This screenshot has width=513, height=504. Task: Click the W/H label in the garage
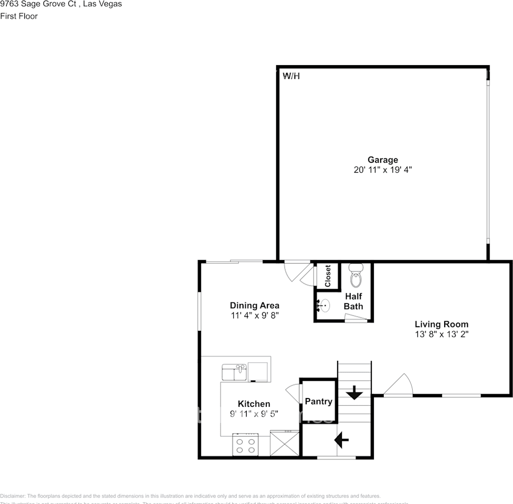click(291, 76)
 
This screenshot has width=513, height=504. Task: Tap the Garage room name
click(382, 160)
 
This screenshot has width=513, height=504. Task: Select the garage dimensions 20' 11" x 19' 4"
click(382, 170)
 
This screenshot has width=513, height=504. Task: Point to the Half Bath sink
click(324, 305)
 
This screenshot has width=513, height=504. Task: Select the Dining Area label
click(255, 306)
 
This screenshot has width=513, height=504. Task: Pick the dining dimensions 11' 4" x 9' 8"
click(255, 316)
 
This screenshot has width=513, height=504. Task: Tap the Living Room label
click(442, 324)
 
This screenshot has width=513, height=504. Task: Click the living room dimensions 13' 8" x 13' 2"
click(442, 334)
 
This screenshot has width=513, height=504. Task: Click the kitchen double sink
click(234, 372)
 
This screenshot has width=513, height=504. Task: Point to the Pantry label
click(319, 402)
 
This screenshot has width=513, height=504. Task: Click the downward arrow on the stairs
click(354, 392)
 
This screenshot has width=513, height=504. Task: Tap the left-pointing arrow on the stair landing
click(342, 440)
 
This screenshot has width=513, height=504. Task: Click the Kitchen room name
click(254, 404)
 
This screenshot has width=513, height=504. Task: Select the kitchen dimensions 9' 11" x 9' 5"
click(254, 414)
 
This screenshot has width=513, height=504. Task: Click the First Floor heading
click(19, 16)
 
